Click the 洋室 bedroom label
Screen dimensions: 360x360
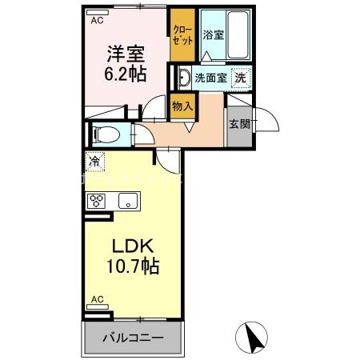click(126, 54)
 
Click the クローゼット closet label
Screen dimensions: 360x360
click(182, 35)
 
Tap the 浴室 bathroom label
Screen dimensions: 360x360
click(213, 35)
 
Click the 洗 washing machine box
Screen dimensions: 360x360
click(239, 78)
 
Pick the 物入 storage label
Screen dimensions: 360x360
click(182, 104)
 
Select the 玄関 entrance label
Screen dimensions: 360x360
click(239, 124)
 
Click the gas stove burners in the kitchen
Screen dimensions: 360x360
click(97, 201)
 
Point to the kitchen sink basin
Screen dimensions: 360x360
click(126, 201)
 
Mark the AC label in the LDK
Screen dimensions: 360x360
click(97, 299)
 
